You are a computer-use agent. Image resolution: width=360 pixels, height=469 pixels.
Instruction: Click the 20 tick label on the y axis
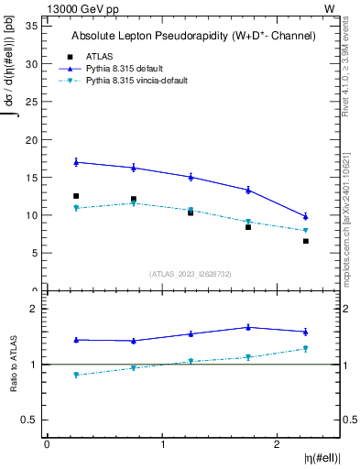[30, 140]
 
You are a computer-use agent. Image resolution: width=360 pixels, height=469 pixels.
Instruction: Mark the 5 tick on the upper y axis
[33, 254]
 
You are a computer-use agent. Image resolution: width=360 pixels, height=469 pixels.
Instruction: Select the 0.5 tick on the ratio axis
[28, 420]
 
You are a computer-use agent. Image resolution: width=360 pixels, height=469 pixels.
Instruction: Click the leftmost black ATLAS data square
[76, 196]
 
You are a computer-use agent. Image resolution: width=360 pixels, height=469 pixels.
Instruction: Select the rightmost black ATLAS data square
[306, 241]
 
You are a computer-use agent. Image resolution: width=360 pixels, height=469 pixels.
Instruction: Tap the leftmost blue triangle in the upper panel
[76, 162]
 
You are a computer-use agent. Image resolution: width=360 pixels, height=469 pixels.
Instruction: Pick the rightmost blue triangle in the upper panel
[306, 216]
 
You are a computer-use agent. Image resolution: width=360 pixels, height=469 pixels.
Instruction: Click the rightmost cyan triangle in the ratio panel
[306, 349]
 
